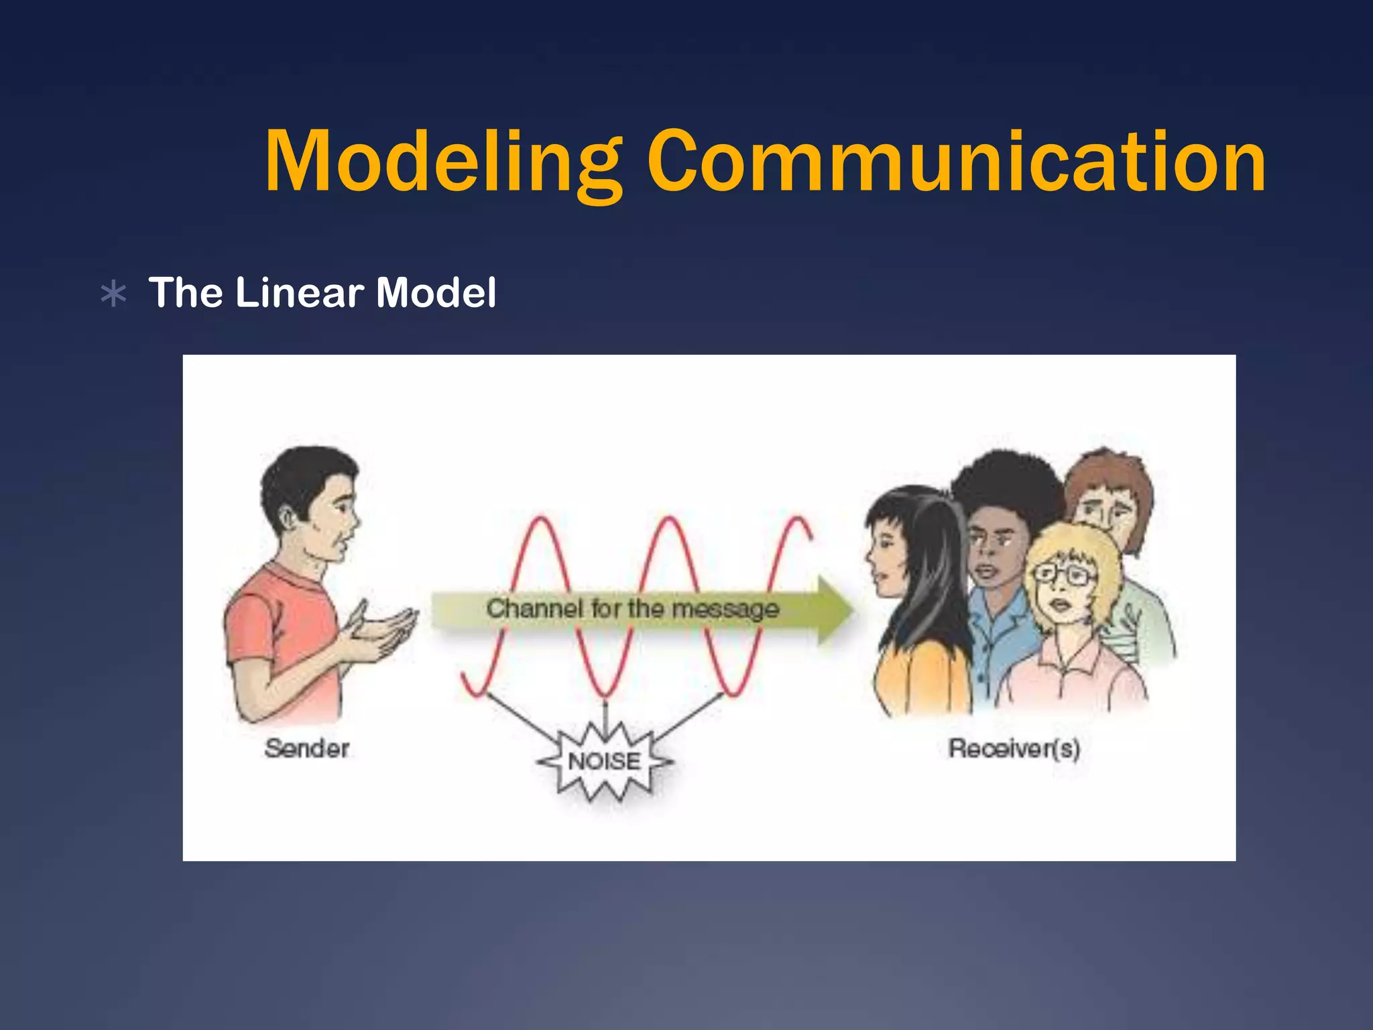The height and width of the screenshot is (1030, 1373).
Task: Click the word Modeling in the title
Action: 442,162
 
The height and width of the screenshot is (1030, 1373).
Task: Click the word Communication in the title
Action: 956,162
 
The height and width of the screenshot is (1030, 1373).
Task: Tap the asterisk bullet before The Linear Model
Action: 113,294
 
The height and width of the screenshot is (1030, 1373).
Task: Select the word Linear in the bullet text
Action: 299,293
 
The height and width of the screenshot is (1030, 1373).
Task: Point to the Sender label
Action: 307,748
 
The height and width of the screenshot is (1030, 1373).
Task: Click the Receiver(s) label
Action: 1014,748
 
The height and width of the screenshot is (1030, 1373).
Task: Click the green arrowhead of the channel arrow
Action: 835,610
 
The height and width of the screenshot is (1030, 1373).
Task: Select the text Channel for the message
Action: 632,609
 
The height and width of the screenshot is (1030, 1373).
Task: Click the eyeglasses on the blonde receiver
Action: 1064,574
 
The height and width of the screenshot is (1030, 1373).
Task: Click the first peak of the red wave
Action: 542,522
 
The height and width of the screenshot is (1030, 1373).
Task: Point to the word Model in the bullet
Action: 436,293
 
